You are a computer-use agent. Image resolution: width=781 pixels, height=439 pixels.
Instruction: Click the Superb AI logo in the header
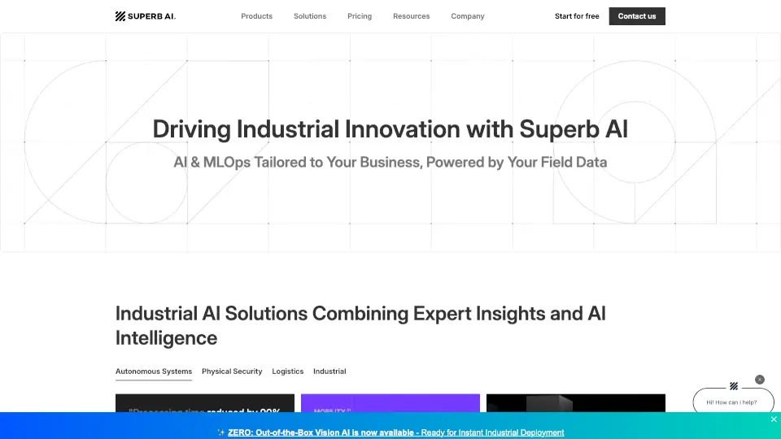tap(146, 16)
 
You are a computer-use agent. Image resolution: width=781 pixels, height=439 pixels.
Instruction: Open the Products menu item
tap(256, 16)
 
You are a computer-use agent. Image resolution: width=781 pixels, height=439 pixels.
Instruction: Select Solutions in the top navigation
tap(310, 16)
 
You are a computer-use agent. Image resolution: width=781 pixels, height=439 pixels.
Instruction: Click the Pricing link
tap(360, 16)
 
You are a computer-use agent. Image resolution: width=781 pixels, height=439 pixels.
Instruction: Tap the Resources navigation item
tap(411, 16)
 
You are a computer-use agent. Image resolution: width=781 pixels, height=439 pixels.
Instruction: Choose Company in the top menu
tap(468, 16)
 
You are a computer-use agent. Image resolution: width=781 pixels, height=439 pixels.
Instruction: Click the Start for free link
tap(577, 16)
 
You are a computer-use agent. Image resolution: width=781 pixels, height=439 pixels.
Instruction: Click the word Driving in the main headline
tap(192, 129)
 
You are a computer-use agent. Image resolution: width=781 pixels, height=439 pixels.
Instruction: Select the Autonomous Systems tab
tap(154, 372)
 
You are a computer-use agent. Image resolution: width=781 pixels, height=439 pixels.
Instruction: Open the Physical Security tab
tap(232, 372)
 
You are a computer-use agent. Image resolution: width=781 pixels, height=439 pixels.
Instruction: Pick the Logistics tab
tap(287, 372)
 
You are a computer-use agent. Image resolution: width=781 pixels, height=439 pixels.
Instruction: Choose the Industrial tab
tap(329, 372)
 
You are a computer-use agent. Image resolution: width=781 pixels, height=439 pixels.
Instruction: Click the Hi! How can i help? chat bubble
tap(732, 402)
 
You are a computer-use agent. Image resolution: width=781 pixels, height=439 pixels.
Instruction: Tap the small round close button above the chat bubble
tap(760, 380)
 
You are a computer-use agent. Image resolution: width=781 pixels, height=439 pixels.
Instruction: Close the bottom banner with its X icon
tap(774, 419)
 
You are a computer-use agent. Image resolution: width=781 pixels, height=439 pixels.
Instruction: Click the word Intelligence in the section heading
tap(166, 337)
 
